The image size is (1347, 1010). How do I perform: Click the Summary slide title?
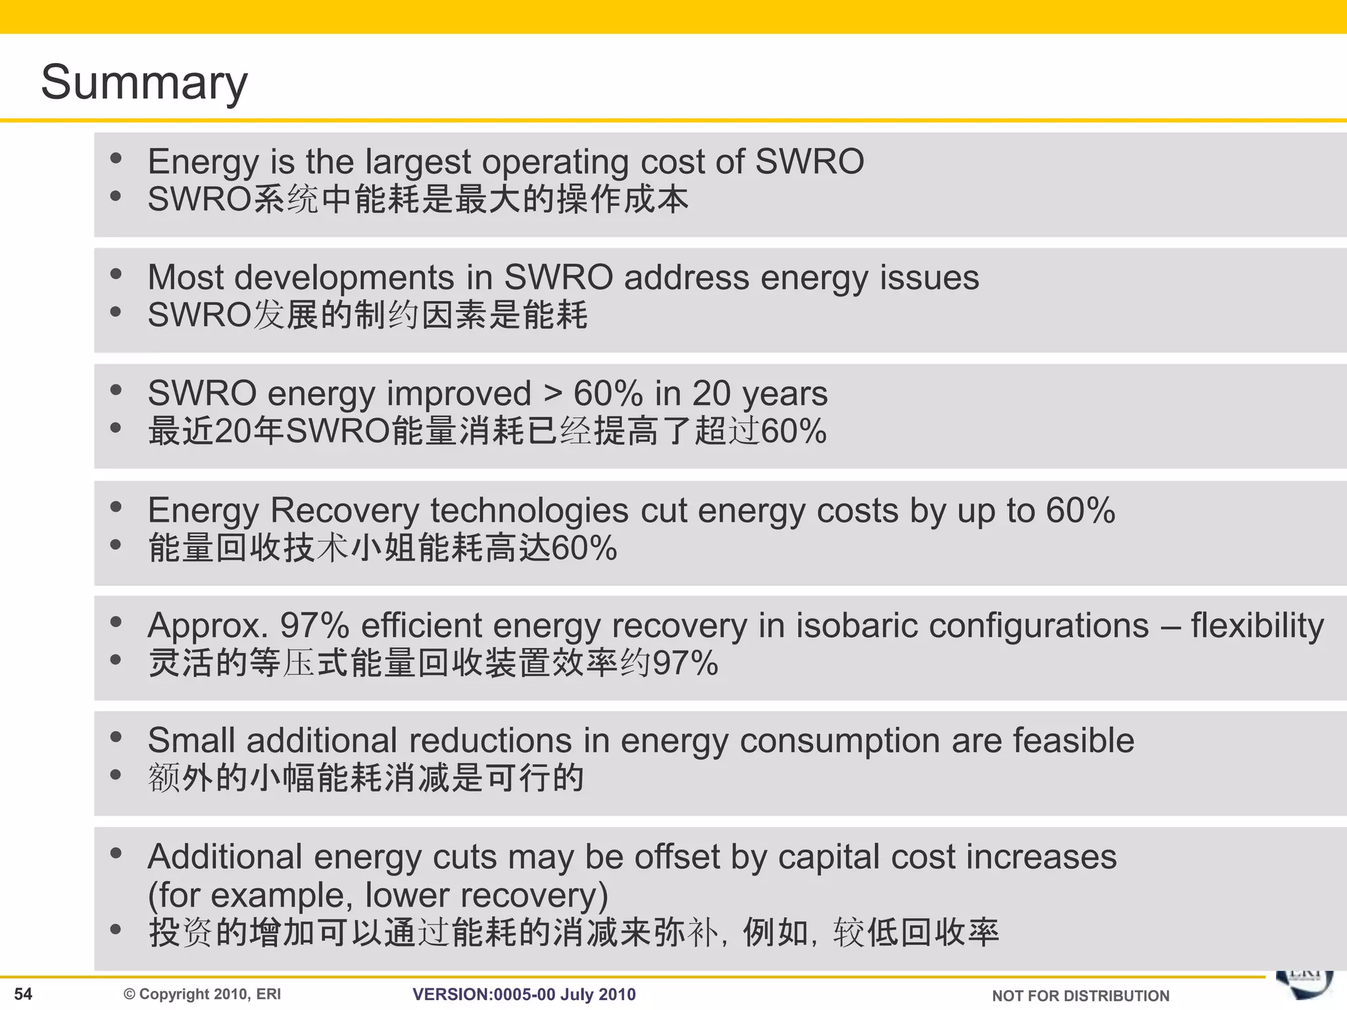144,82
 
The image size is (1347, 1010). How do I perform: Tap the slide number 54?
23,994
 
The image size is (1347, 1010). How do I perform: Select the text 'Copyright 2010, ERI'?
209,994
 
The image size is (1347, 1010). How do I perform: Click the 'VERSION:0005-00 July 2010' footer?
524,994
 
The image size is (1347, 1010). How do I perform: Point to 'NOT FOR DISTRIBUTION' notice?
1080,996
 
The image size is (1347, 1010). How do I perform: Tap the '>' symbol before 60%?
552,394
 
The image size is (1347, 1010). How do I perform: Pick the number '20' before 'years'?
711,394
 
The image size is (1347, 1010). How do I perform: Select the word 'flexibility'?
1257,625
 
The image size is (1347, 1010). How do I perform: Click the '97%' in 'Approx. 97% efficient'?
314,625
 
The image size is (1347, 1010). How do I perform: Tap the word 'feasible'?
1073,741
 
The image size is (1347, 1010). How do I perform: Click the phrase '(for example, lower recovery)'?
378,896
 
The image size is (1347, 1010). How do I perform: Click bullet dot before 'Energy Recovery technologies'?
116,506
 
